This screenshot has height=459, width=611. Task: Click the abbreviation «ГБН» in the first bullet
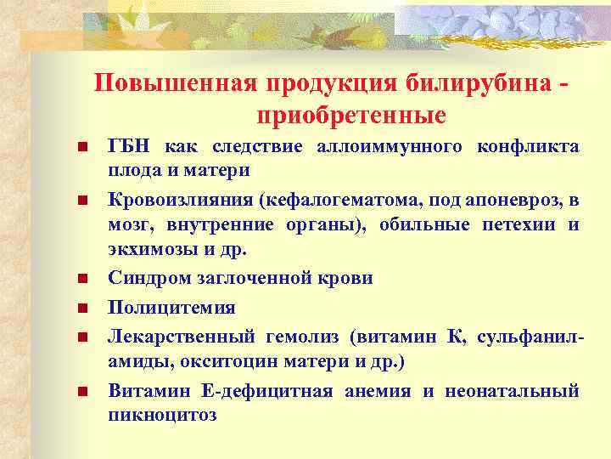(x=127, y=147)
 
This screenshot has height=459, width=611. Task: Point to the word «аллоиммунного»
(x=388, y=147)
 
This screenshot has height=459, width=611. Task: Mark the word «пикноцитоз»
(x=162, y=416)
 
